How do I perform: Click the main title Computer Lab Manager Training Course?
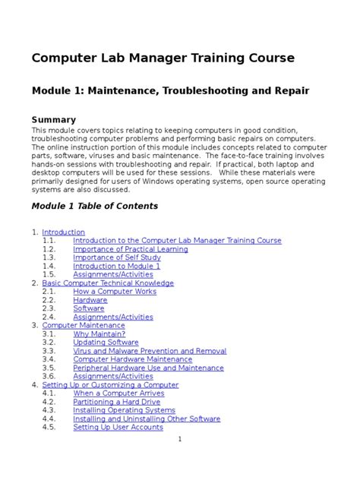click(x=163, y=58)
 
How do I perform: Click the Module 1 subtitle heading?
click(x=170, y=91)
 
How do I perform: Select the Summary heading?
click(x=53, y=119)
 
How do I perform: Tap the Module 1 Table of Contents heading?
click(x=94, y=206)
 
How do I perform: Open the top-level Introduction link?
click(x=63, y=232)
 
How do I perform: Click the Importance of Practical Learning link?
click(x=130, y=249)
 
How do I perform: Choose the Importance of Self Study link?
click(x=117, y=257)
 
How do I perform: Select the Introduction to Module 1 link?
click(x=116, y=266)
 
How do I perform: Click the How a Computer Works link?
click(x=115, y=292)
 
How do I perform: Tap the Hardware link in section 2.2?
click(x=90, y=300)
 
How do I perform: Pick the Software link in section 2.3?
click(x=89, y=308)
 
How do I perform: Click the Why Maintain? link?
click(x=99, y=334)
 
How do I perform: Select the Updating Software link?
click(x=106, y=343)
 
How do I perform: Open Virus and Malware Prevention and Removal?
click(x=150, y=351)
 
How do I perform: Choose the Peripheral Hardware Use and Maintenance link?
click(x=148, y=368)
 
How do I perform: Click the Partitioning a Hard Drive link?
click(x=117, y=402)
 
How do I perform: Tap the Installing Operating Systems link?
click(x=124, y=410)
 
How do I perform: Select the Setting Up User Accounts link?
click(x=118, y=427)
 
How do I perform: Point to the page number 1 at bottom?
click(x=179, y=439)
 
